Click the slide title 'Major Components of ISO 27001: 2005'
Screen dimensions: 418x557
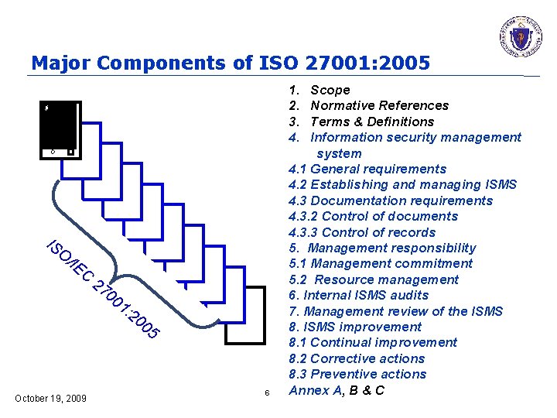tap(231, 62)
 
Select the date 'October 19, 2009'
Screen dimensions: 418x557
tap(51, 399)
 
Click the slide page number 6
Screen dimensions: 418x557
tap(266, 394)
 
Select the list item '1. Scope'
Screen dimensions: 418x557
tap(320, 90)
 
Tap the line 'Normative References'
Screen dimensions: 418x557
tap(379, 105)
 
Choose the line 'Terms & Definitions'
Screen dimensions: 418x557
tap(372, 122)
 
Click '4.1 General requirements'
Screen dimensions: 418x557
tap(367, 169)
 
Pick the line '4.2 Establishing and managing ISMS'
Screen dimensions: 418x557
tap(402, 184)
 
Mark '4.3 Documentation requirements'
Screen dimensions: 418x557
tap(391, 200)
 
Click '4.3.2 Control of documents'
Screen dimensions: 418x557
tap(373, 216)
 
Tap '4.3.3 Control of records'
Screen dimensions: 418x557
tap(362, 232)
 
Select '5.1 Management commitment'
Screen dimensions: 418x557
tap(380, 263)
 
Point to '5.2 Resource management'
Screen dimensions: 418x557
tap(374, 279)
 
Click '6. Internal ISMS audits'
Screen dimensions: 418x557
tap(358, 295)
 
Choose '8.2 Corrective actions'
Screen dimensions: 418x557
tap(357, 358)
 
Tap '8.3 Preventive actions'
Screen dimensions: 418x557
tap(357, 374)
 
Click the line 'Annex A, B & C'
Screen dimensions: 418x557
tap(337, 390)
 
